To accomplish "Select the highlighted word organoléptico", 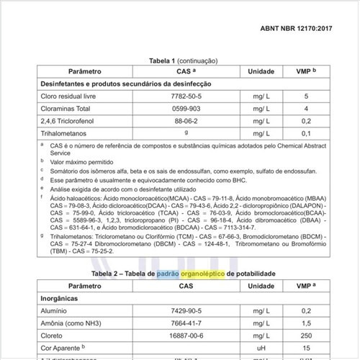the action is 223,273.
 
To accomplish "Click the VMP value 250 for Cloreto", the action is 306,336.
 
